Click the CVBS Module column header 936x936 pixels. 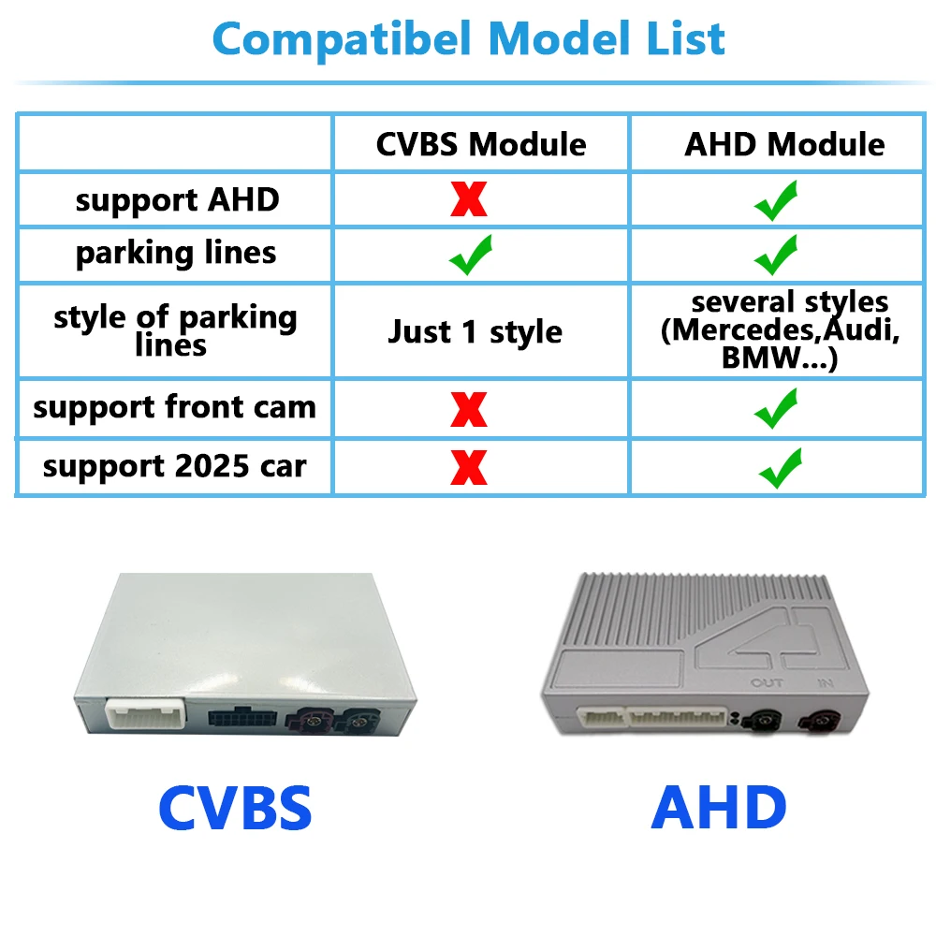click(481, 144)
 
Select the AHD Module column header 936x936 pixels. click(784, 144)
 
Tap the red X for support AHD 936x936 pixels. click(469, 198)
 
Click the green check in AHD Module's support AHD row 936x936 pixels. click(776, 200)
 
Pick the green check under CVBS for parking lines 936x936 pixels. click(471, 255)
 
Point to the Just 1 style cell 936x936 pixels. click(475, 332)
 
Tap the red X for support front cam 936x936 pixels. click(469, 410)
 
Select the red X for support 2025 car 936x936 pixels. click(469, 467)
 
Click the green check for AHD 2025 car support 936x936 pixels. click(781, 468)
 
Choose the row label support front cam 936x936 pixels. click(174, 408)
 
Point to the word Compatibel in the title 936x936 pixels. click(342, 39)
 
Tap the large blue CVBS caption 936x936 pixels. click(235, 808)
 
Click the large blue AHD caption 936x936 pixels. click(719, 808)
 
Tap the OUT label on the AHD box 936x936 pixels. click(767, 683)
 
